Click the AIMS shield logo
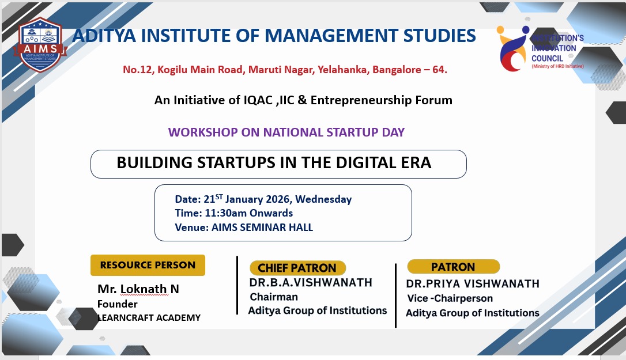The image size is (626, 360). (x=40, y=45)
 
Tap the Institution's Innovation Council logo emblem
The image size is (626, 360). (x=513, y=49)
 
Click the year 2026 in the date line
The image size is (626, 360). (x=278, y=199)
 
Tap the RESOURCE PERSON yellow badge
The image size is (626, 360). (x=148, y=265)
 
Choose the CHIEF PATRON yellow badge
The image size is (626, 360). (x=297, y=268)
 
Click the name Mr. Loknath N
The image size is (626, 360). (x=138, y=289)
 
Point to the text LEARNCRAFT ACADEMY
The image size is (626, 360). (x=149, y=318)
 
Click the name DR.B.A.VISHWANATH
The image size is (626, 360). (x=311, y=283)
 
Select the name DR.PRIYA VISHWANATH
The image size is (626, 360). (x=473, y=284)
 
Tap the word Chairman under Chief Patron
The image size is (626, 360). (x=274, y=297)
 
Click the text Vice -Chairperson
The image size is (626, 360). (x=450, y=298)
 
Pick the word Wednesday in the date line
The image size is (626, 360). (x=323, y=199)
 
